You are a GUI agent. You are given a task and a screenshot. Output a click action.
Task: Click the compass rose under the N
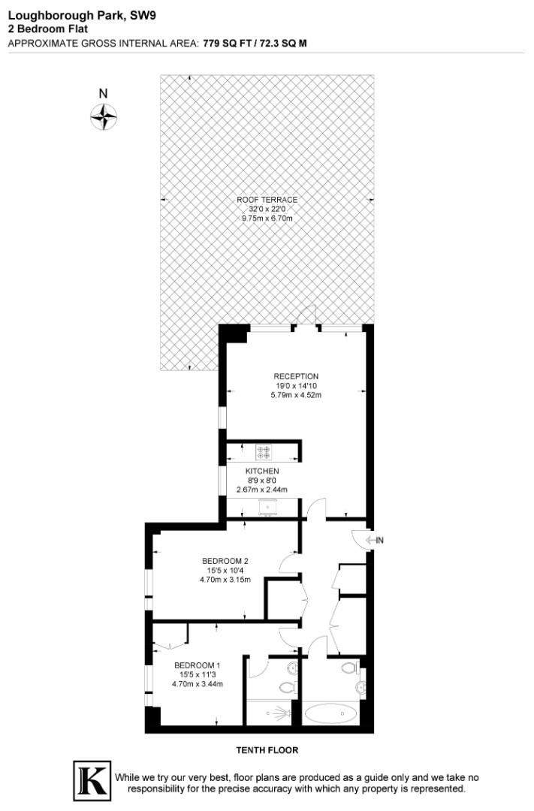(104, 116)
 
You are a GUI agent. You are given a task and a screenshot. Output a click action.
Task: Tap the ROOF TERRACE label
(267, 200)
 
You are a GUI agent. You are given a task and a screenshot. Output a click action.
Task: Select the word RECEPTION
(296, 376)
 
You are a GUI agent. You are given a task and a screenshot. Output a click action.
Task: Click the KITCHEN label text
(262, 471)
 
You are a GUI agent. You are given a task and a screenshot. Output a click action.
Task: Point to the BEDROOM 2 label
(225, 560)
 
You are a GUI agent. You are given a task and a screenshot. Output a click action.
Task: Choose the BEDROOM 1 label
(198, 665)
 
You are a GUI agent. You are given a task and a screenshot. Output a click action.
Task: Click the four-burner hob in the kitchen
(264, 452)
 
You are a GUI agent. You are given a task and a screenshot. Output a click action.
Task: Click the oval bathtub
(332, 712)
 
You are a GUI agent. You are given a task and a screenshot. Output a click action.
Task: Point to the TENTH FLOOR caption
(267, 750)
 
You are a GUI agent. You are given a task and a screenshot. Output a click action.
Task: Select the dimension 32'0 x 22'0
(267, 209)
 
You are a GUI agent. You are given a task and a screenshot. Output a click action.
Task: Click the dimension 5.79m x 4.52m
(296, 394)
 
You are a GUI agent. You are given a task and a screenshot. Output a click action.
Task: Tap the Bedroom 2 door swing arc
(288, 564)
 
